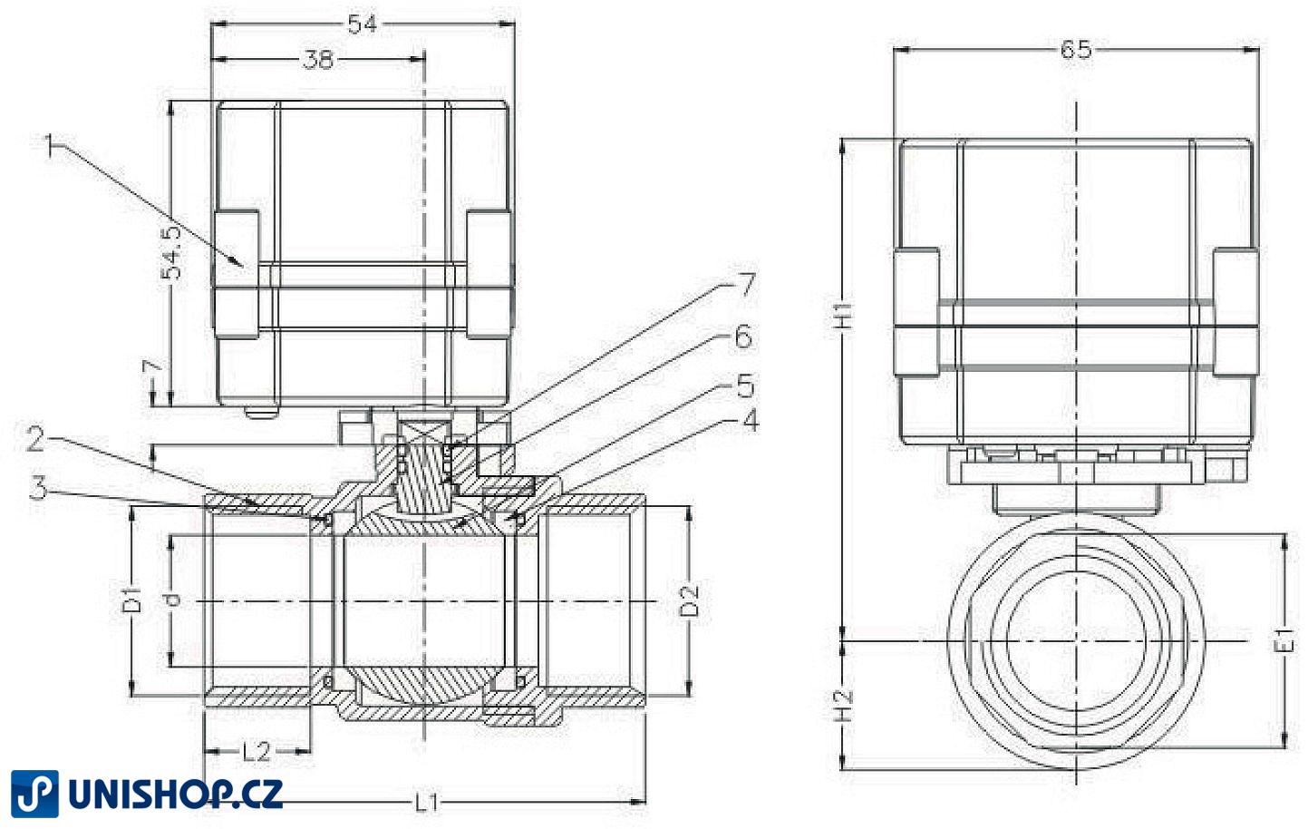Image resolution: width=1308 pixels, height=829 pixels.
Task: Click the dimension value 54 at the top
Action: pos(363,24)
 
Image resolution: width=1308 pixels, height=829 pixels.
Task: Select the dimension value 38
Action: pos(318,60)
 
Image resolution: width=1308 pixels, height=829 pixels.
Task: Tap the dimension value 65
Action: pos(1076,50)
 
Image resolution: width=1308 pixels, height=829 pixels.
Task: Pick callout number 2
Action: pos(35,440)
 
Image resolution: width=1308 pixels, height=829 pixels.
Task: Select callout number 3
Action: pos(37,489)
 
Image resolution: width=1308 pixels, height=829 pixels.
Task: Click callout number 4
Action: pos(749,421)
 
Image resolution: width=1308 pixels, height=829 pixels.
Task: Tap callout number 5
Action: pos(745,387)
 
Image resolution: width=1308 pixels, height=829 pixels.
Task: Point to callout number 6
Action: pos(743,337)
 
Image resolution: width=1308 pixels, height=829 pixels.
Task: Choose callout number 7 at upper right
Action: pos(745,285)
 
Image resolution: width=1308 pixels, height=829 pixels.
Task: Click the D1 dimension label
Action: pos(132,600)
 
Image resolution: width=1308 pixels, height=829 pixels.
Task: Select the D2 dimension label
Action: pos(691,600)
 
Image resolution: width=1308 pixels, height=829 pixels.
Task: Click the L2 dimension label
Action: pos(257,752)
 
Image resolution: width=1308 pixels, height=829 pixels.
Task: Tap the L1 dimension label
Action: pos(427,803)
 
